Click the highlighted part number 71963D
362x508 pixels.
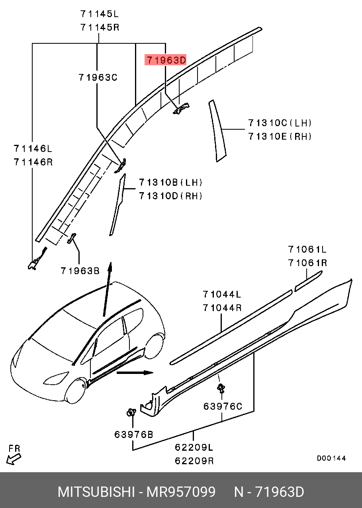pyautogui.click(x=166, y=60)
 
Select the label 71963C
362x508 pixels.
pyautogui.click(x=98, y=78)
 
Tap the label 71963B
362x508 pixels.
pyautogui.click(x=80, y=271)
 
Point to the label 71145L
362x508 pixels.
pyautogui.click(x=99, y=14)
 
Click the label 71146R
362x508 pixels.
pyautogui.click(x=33, y=162)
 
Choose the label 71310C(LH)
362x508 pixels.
pyautogui.click(x=280, y=123)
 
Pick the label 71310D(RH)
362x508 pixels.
pyautogui.click(x=171, y=196)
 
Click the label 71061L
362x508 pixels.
pyautogui.click(x=307, y=249)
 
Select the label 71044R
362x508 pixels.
pyautogui.click(x=222, y=308)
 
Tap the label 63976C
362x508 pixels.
pyautogui.click(x=223, y=406)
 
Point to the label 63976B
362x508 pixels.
pyautogui.click(x=134, y=434)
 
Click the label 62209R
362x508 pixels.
pyautogui.click(x=194, y=461)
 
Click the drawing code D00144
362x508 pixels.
pyautogui.click(x=331, y=458)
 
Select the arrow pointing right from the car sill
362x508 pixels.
pyautogui.click(x=135, y=373)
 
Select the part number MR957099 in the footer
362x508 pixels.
pyautogui.click(x=181, y=492)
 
